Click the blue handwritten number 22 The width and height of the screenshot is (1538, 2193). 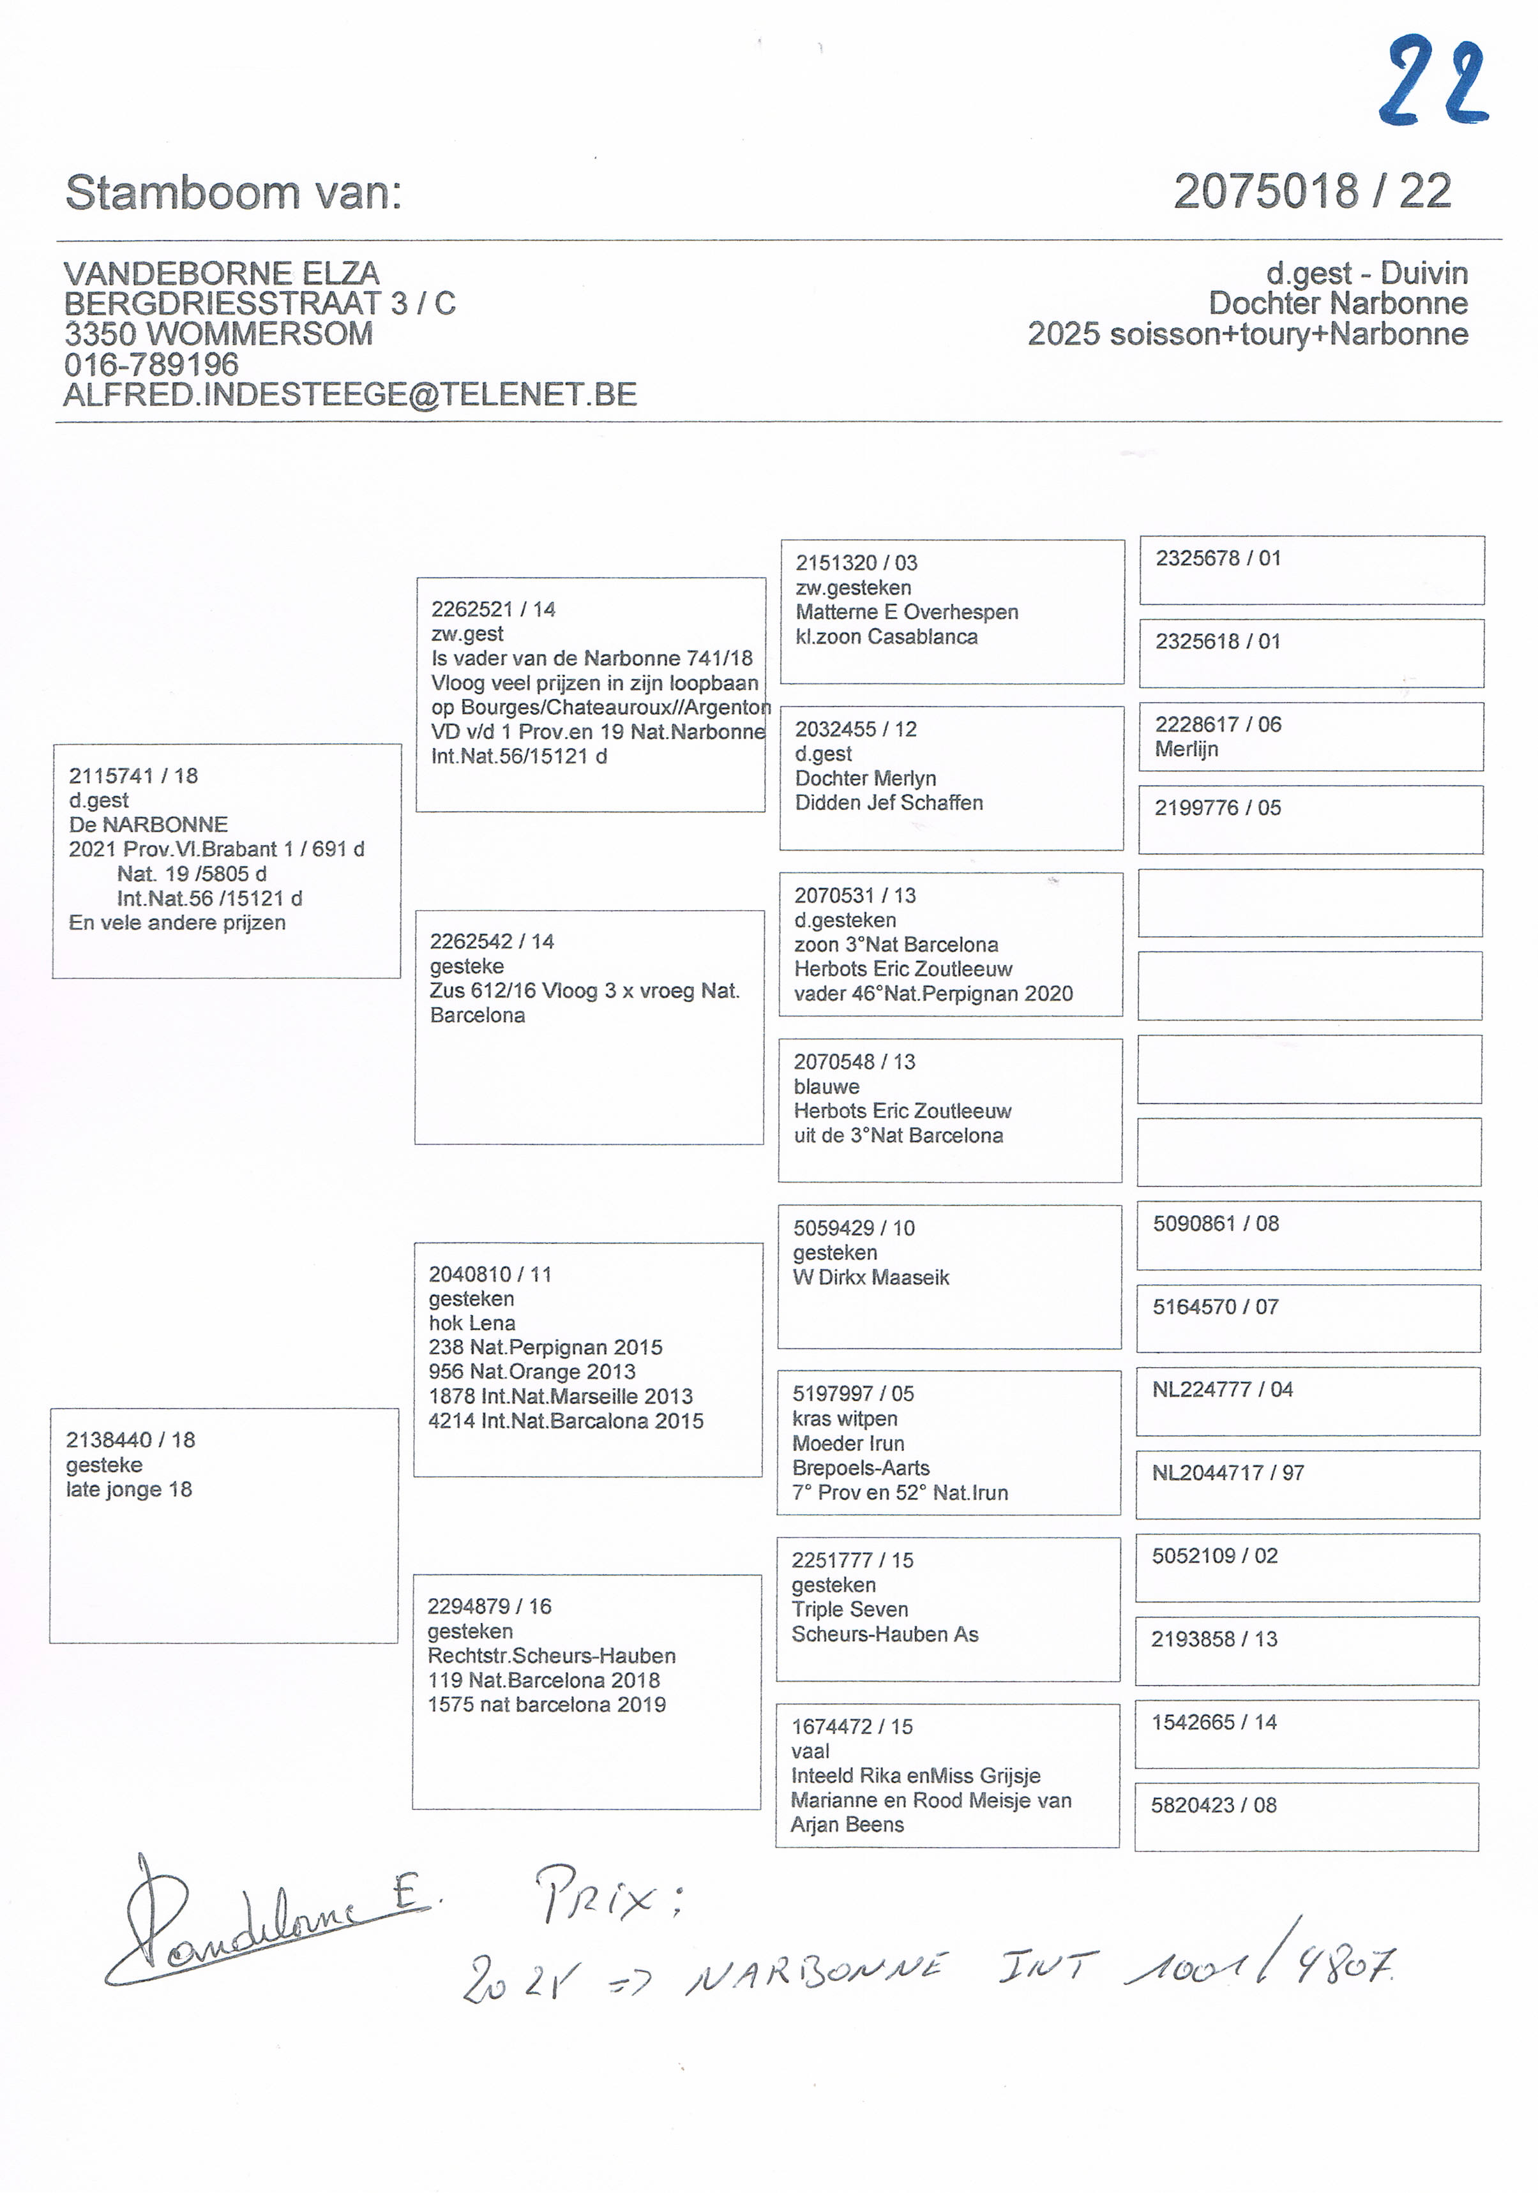(1433, 83)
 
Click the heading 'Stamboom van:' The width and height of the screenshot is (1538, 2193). (234, 193)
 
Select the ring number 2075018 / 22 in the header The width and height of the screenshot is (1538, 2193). (1311, 192)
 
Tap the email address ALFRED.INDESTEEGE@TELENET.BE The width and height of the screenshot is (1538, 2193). (350, 394)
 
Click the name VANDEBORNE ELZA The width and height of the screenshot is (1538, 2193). (222, 273)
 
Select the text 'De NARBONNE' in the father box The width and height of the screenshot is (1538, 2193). (148, 824)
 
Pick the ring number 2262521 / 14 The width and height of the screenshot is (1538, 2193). (493, 610)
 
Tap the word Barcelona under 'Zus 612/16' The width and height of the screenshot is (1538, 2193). (478, 1015)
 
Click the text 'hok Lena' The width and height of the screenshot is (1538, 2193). (472, 1323)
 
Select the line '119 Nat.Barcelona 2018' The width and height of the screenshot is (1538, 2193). (543, 1680)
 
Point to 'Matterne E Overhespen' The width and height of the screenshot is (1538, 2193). (907, 612)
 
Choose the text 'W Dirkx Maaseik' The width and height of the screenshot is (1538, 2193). (871, 1277)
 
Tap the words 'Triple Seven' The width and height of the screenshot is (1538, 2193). (849, 1610)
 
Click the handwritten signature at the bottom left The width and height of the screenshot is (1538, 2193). (268, 1924)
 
